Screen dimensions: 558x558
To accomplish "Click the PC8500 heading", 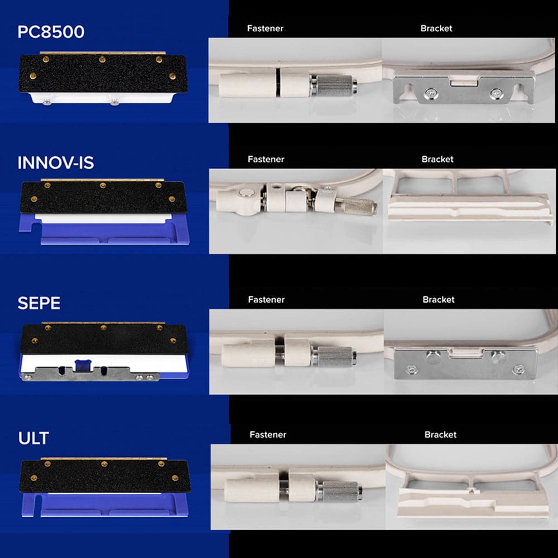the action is pos(51,32).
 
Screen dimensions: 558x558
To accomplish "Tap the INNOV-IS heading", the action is pos(55,163).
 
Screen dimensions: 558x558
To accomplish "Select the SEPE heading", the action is pos(39,303).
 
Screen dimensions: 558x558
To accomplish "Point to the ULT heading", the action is pos(33,438).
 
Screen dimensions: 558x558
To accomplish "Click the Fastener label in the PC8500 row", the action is pos(265,28).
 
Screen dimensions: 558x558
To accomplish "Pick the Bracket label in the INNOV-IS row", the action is pos(437,159).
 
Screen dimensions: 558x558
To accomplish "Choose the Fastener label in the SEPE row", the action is pos(266,300).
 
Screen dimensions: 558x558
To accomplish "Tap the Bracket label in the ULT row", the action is pos(440,435).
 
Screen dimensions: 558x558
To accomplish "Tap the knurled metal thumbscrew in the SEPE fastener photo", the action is pos(334,356).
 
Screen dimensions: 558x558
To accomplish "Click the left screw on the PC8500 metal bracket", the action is pos(431,94).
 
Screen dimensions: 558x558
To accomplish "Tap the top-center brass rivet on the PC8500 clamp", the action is pos(103,59).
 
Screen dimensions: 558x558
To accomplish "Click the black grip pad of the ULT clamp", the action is pos(105,477).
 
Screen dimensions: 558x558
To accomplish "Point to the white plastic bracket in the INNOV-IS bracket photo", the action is pos(470,209).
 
